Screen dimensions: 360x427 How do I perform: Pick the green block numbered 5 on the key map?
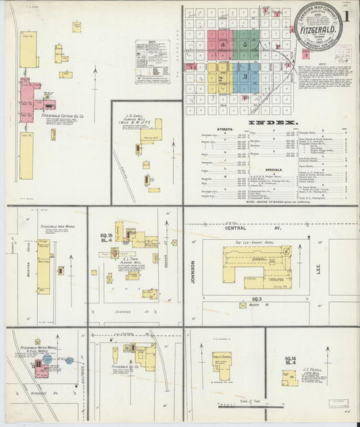pyautogui.click(x=246, y=45)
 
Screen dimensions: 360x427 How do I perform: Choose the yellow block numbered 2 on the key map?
pyautogui.click(x=220, y=78)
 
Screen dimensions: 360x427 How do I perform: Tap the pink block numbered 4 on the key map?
pyautogui.click(x=220, y=45)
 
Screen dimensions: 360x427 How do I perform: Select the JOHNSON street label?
pyautogui.click(x=192, y=270)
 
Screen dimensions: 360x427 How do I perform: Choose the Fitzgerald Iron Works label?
pyautogui.click(x=55, y=226)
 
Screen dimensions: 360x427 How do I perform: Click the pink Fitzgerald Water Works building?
pyautogui.click(x=40, y=369)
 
